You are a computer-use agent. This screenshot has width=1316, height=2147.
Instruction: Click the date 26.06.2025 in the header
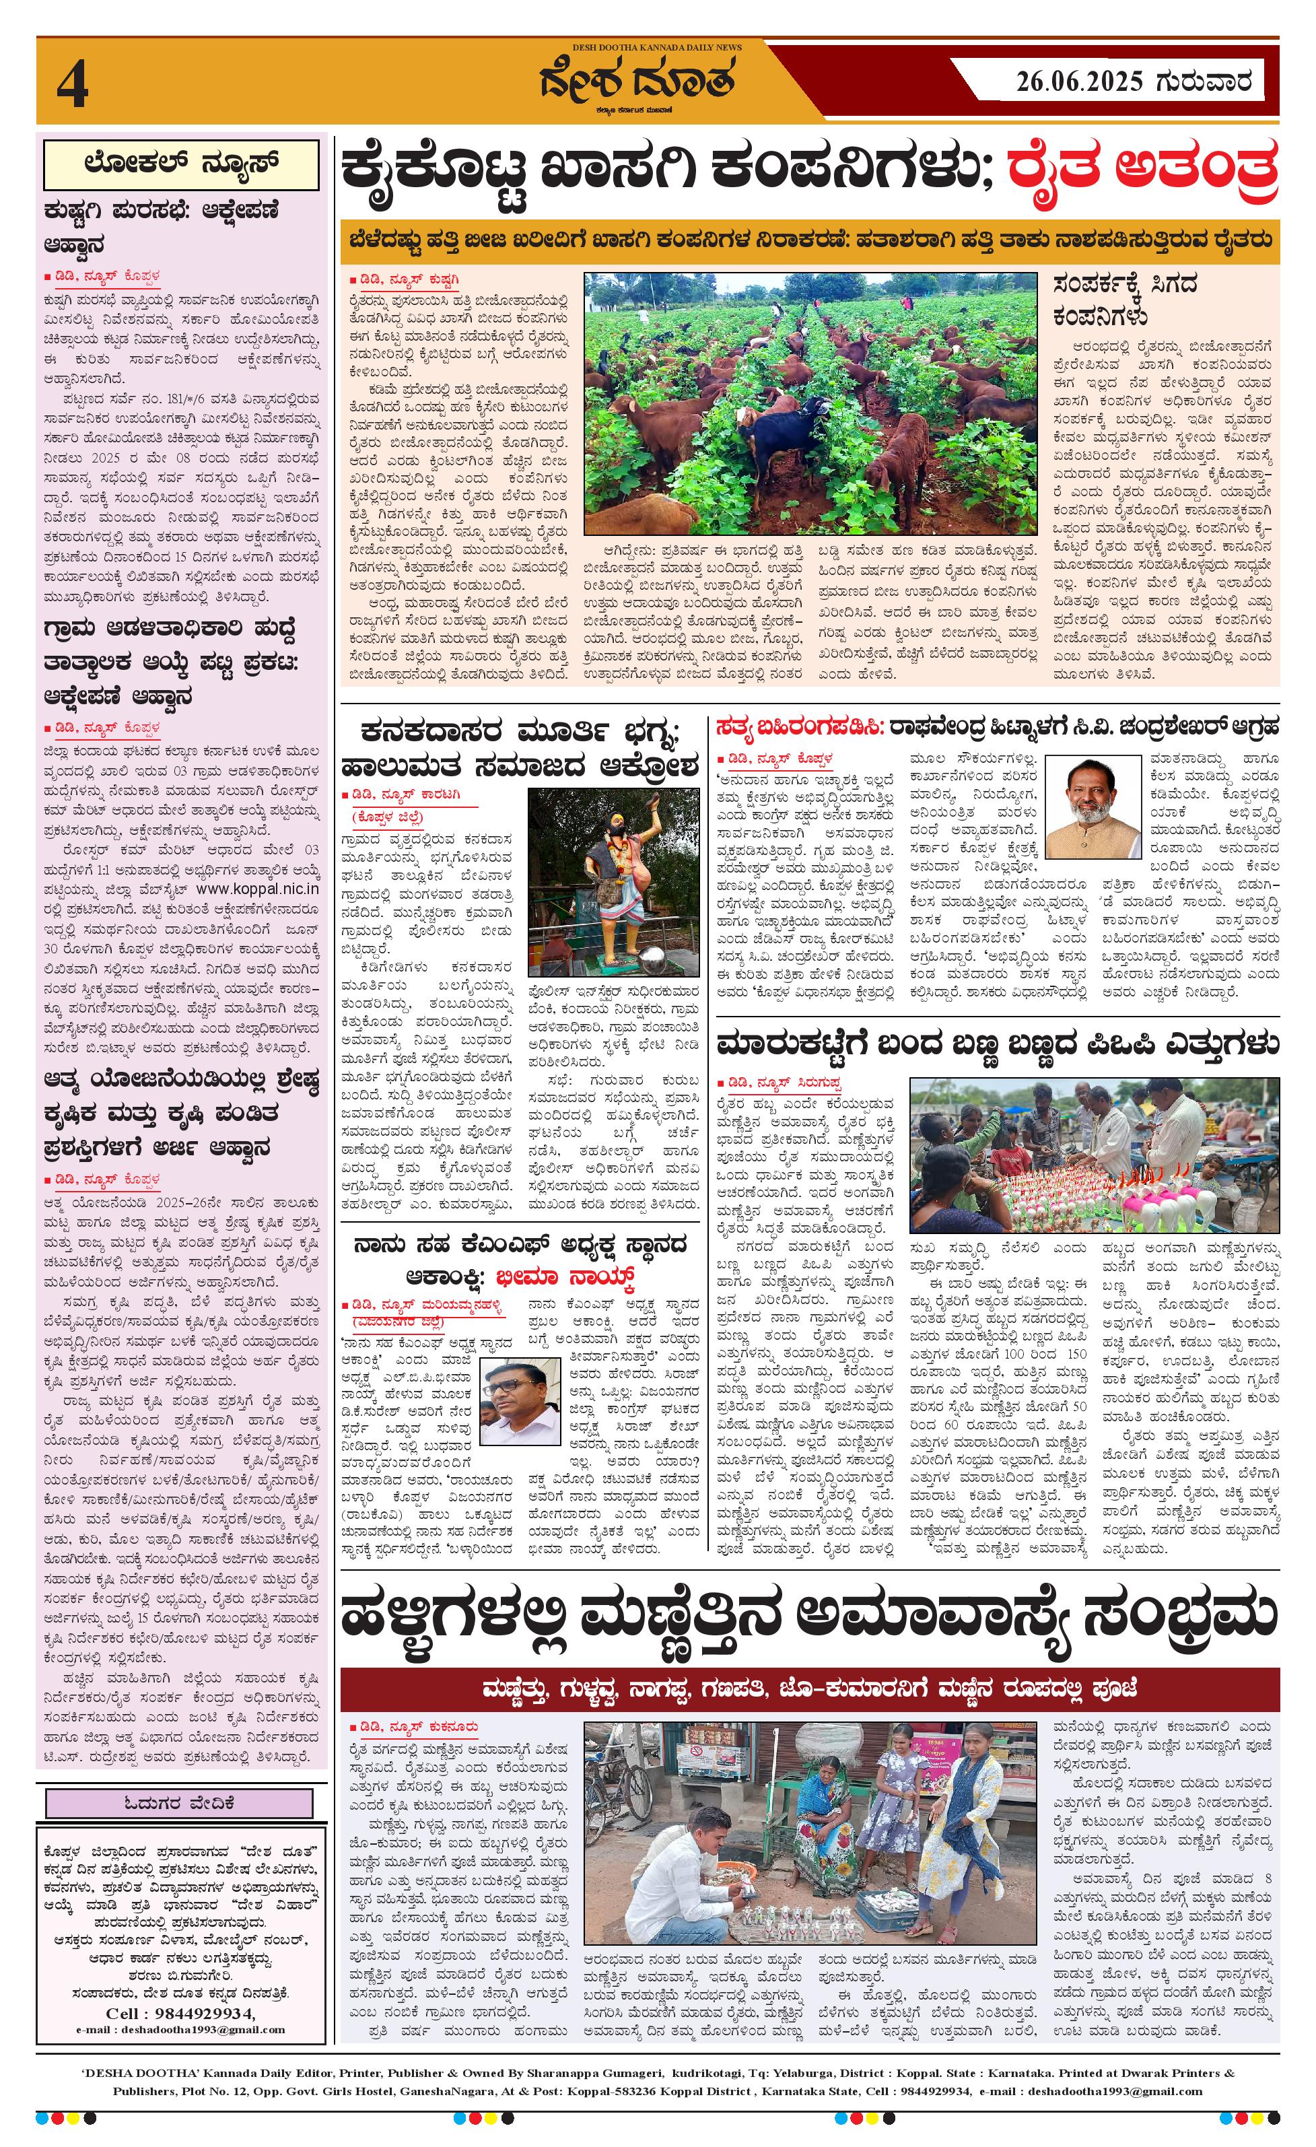click(x=1077, y=82)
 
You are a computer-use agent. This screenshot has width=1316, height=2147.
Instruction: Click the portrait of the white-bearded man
click(x=1092, y=807)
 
